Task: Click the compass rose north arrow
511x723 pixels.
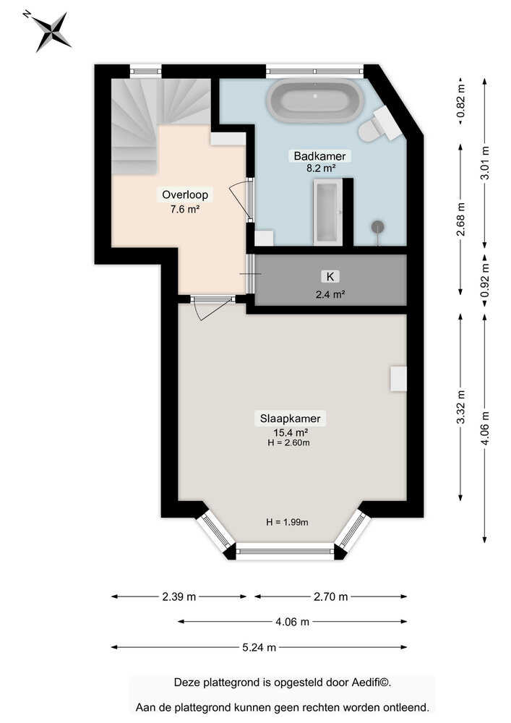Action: pos(52,31)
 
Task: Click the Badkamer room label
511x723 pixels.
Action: pos(319,155)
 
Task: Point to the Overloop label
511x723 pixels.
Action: pos(185,194)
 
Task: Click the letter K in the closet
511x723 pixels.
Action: pos(330,276)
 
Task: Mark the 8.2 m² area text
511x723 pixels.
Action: pos(319,168)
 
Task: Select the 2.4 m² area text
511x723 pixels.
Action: pos(330,294)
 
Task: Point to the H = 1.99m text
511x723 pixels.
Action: pos(287,522)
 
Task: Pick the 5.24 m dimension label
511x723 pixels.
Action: pos(259,647)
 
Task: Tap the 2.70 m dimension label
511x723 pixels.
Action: pos(330,596)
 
